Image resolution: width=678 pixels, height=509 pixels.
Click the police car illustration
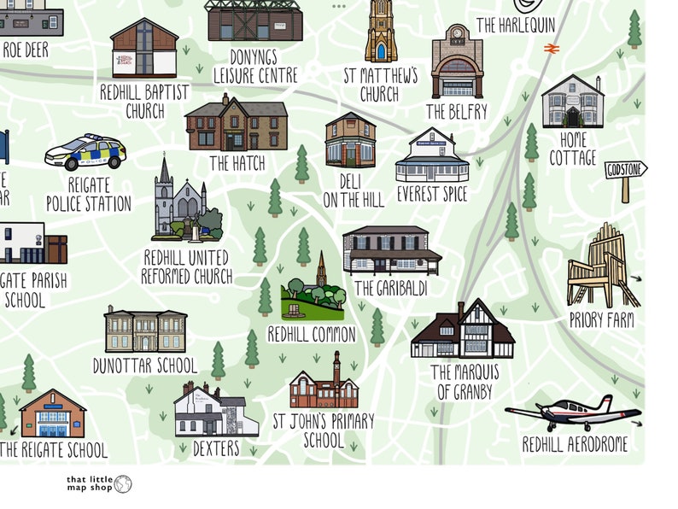(x=85, y=153)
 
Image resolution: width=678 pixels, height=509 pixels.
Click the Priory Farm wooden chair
(x=603, y=267)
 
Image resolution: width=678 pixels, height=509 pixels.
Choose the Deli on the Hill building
(x=350, y=140)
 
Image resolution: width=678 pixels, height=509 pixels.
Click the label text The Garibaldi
(x=389, y=289)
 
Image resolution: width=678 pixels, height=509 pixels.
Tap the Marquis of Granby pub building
(x=464, y=332)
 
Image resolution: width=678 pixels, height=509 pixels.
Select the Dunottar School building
(x=145, y=331)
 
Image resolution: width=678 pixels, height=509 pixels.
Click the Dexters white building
(x=215, y=411)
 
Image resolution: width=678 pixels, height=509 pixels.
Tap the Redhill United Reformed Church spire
(x=164, y=175)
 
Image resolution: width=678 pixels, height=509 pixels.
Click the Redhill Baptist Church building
(x=144, y=50)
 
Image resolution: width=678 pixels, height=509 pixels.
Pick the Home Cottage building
(x=572, y=102)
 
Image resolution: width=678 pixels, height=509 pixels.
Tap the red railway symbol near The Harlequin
(x=551, y=49)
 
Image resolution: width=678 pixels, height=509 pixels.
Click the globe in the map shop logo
(x=123, y=485)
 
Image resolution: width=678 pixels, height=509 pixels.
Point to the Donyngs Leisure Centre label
(x=255, y=67)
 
